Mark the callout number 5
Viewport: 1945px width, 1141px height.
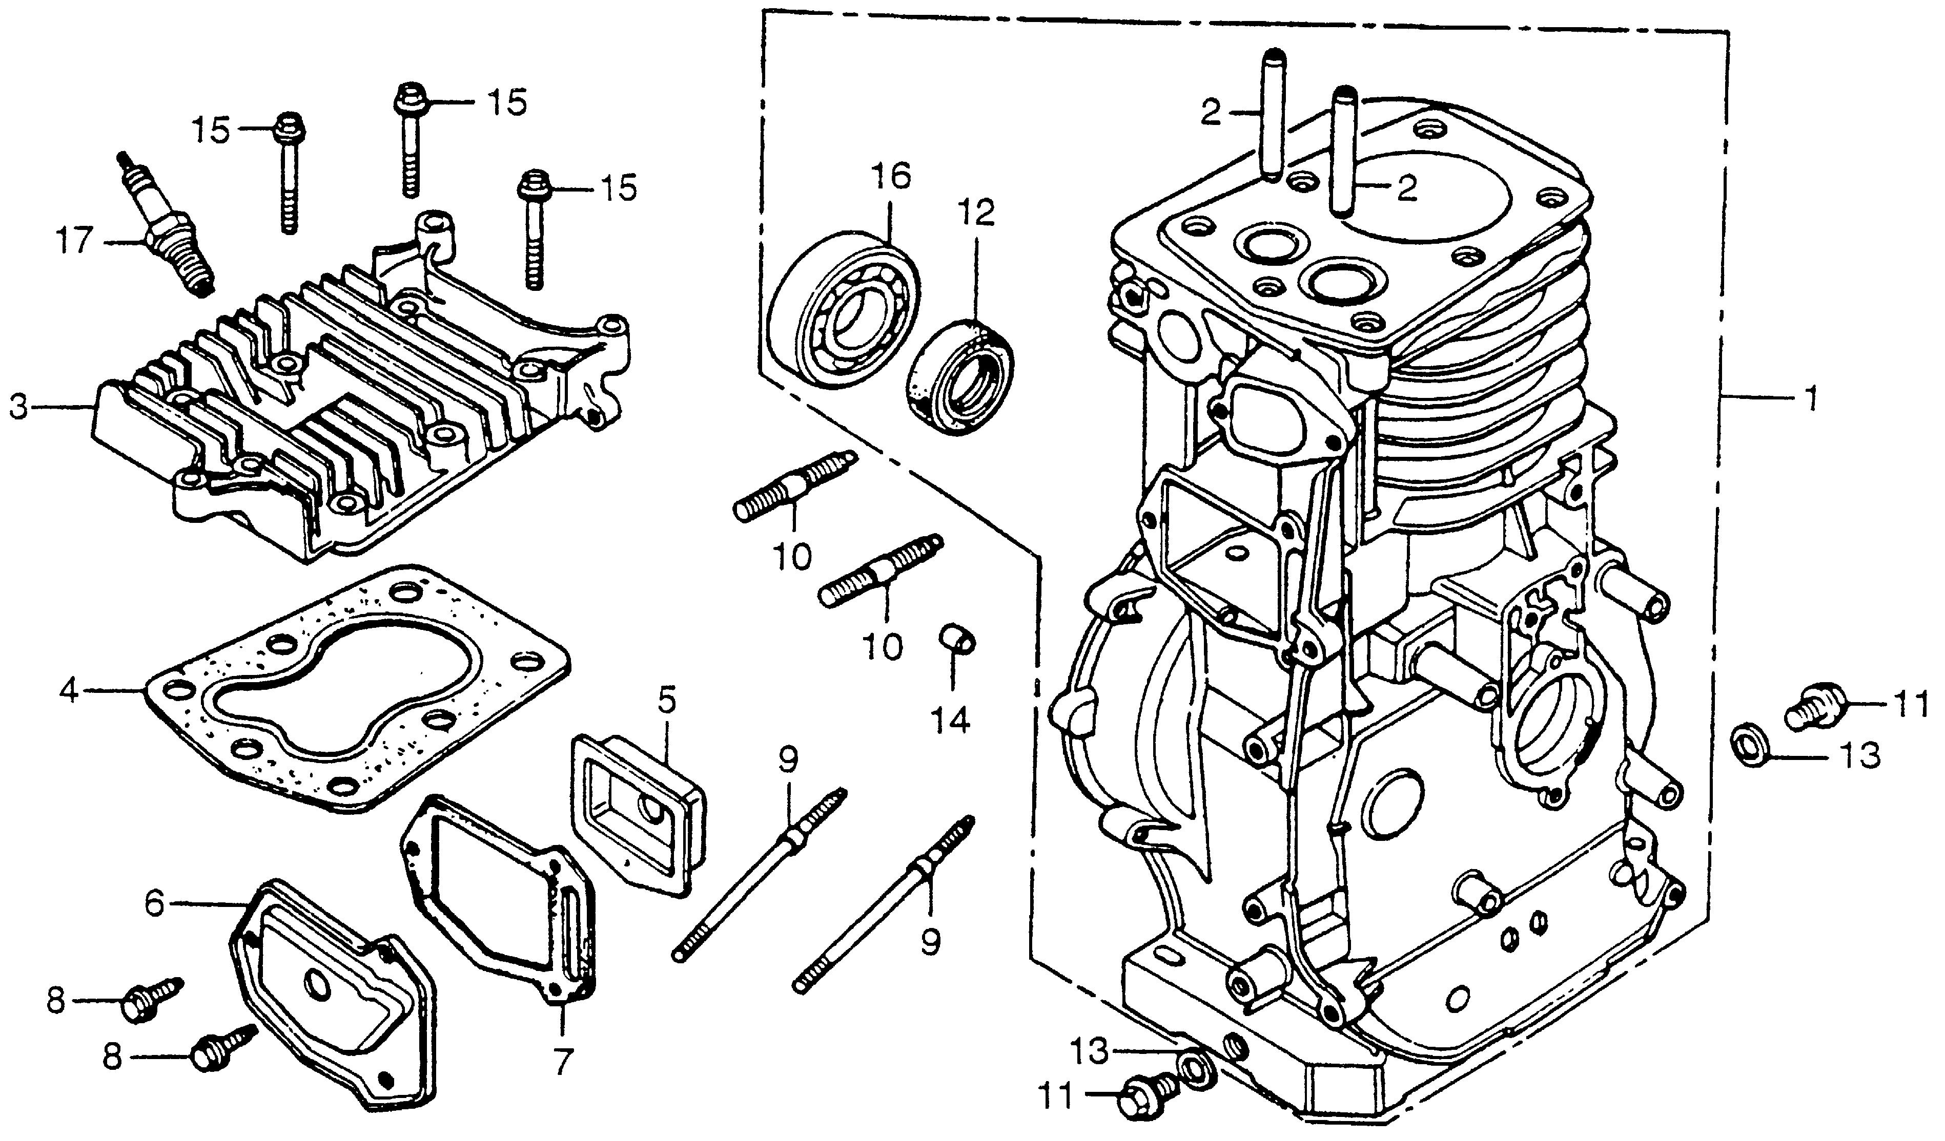(x=666, y=701)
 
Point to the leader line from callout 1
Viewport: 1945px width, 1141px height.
(x=1760, y=398)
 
